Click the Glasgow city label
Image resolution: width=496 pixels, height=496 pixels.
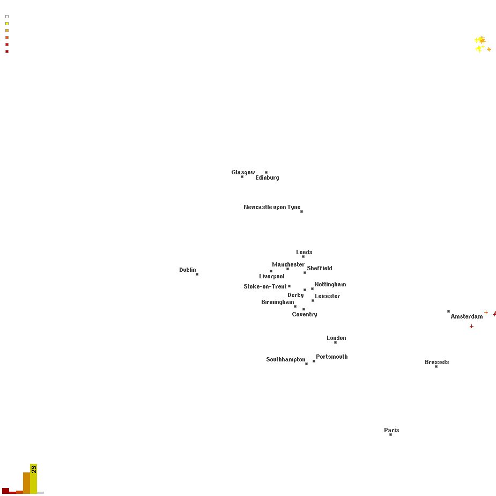click(x=243, y=173)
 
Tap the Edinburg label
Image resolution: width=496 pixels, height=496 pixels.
click(x=267, y=178)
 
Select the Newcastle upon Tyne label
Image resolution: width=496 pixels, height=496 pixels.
click(x=272, y=207)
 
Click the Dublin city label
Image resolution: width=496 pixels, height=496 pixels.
click(x=188, y=270)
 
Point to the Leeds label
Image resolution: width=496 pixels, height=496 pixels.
click(x=304, y=252)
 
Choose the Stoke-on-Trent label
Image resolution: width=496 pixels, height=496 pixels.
click(x=265, y=286)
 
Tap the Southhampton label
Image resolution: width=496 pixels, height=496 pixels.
click(x=286, y=359)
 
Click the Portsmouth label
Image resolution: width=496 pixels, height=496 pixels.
click(x=332, y=357)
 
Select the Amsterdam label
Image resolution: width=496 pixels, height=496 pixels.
click(x=467, y=317)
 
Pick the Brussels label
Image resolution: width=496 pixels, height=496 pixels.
click(x=437, y=362)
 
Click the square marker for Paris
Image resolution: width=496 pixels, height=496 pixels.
click(x=391, y=435)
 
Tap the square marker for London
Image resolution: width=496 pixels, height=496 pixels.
click(x=335, y=342)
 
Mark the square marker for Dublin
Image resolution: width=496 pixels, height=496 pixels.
click(x=197, y=274)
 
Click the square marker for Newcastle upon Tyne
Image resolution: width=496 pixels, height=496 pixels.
click(x=301, y=212)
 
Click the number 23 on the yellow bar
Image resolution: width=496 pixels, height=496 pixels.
click(x=34, y=469)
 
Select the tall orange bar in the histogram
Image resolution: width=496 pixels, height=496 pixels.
click(x=27, y=483)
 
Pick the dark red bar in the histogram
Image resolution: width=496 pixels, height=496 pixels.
click(x=6, y=491)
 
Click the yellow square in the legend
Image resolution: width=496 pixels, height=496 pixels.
click(x=7, y=24)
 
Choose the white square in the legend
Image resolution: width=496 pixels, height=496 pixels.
click(x=7, y=17)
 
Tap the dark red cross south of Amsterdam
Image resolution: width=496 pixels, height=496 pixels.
click(x=472, y=327)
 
